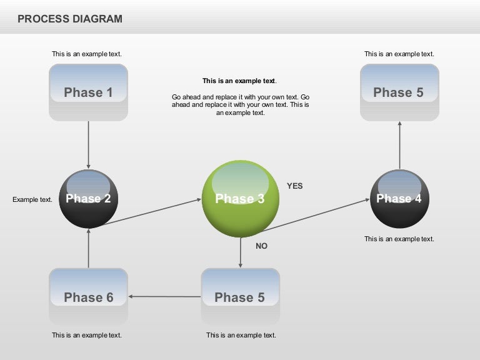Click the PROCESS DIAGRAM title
[x=70, y=19]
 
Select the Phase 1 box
[x=88, y=92]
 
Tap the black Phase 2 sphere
[x=88, y=199]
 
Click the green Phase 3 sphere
[x=240, y=199]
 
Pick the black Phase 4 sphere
[x=399, y=199]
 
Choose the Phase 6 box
[x=88, y=297]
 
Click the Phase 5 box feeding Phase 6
[x=240, y=297]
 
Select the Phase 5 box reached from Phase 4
[x=399, y=92]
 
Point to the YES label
[x=294, y=186]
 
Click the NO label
[x=261, y=246]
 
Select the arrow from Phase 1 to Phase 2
[x=88, y=145]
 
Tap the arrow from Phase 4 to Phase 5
[x=399, y=145]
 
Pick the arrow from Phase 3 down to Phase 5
[x=240, y=252]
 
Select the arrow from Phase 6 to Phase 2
[x=88, y=248]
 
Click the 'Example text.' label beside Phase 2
[x=32, y=199]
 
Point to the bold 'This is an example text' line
[x=239, y=81]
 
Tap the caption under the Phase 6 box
[x=87, y=335]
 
